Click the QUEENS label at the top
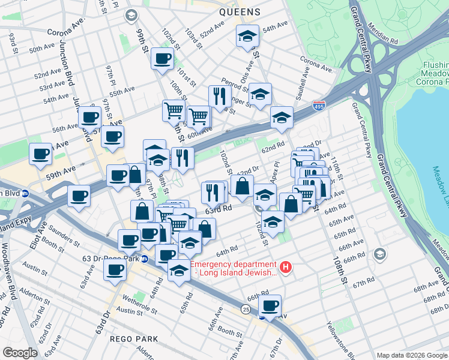[240, 12]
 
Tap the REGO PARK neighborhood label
[134, 339]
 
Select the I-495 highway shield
[319, 106]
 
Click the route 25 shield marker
[246, 308]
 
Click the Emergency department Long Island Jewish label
[234, 268]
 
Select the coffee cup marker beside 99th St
[162, 59]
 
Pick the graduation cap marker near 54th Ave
[247, 37]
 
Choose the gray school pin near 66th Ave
[379, 254]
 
